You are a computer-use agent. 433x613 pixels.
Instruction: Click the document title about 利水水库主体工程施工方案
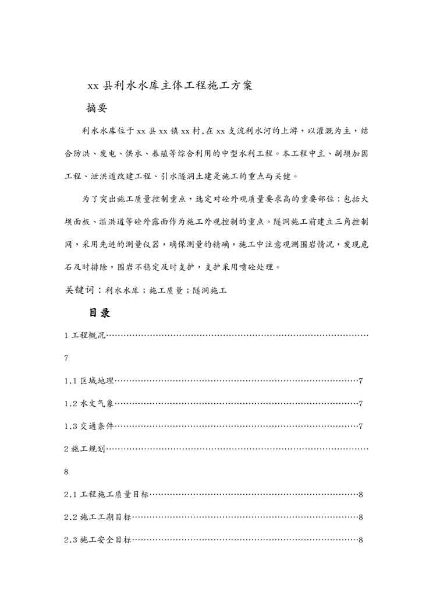coord(169,86)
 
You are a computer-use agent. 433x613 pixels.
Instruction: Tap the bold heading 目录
coord(100,313)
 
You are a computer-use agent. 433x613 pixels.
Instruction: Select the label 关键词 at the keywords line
coord(80,290)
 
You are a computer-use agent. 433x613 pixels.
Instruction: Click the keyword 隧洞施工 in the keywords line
coord(208,290)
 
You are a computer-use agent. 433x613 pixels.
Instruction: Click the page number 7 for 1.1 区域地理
coord(361,381)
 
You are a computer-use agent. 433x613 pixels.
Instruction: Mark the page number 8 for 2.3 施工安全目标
coord(361,540)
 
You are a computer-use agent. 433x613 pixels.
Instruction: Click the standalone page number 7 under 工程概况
coord(67,358)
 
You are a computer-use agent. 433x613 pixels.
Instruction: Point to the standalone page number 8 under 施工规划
coord(67,472)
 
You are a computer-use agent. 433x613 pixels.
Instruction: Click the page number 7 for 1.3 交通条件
coord(361,426)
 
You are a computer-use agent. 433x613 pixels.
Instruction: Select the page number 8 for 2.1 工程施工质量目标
coord(361,495)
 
